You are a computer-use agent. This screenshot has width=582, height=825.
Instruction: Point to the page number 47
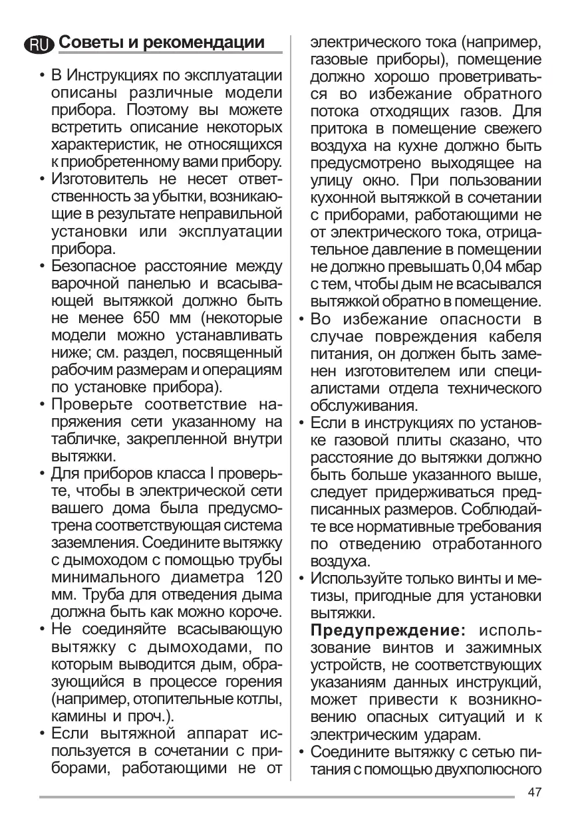[535, 792]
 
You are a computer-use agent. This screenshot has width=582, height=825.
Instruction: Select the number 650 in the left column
[150, 317]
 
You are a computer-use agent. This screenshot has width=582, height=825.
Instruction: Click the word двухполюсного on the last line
[487, 770]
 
